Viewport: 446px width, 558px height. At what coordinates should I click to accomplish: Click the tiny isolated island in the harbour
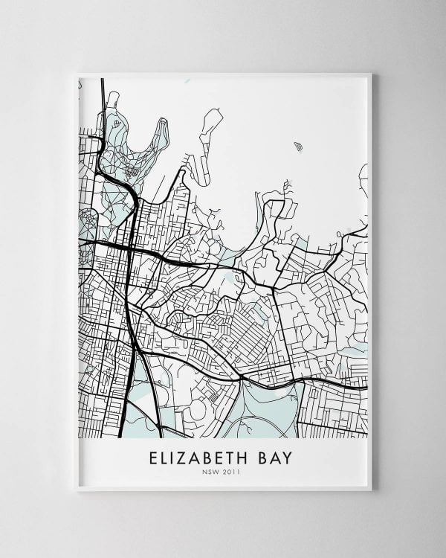click(x=298, y=146)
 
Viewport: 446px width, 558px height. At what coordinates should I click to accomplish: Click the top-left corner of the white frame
click(x=78, y=74)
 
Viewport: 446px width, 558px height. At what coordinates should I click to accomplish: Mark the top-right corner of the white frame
click(x=370, y=74)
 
